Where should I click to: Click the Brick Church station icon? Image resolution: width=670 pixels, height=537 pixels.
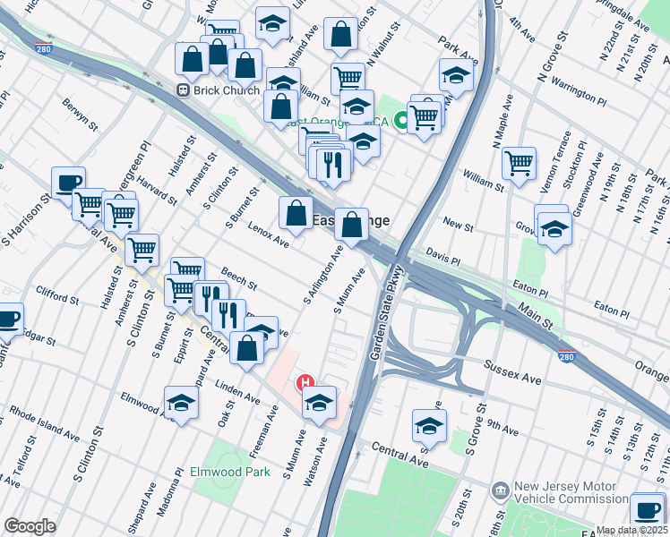(x=182, y=90)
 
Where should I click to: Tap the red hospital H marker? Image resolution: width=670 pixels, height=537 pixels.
(x=305, y=383)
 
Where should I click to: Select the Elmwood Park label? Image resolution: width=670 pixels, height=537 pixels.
(x=229, y=472)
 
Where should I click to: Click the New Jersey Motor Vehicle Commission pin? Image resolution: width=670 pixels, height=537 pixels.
(x=500, y=490)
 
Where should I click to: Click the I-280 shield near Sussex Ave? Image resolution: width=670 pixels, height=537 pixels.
(x=565, y=354)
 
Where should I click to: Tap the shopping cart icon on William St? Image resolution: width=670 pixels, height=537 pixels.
(x=519, y=163)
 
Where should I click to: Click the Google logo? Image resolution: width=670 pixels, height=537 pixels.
(x=30, y=526)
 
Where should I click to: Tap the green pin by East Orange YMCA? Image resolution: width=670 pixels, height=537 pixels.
(x=403, y=118)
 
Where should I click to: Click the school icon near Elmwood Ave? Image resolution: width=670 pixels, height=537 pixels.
(x=180, y=403)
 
